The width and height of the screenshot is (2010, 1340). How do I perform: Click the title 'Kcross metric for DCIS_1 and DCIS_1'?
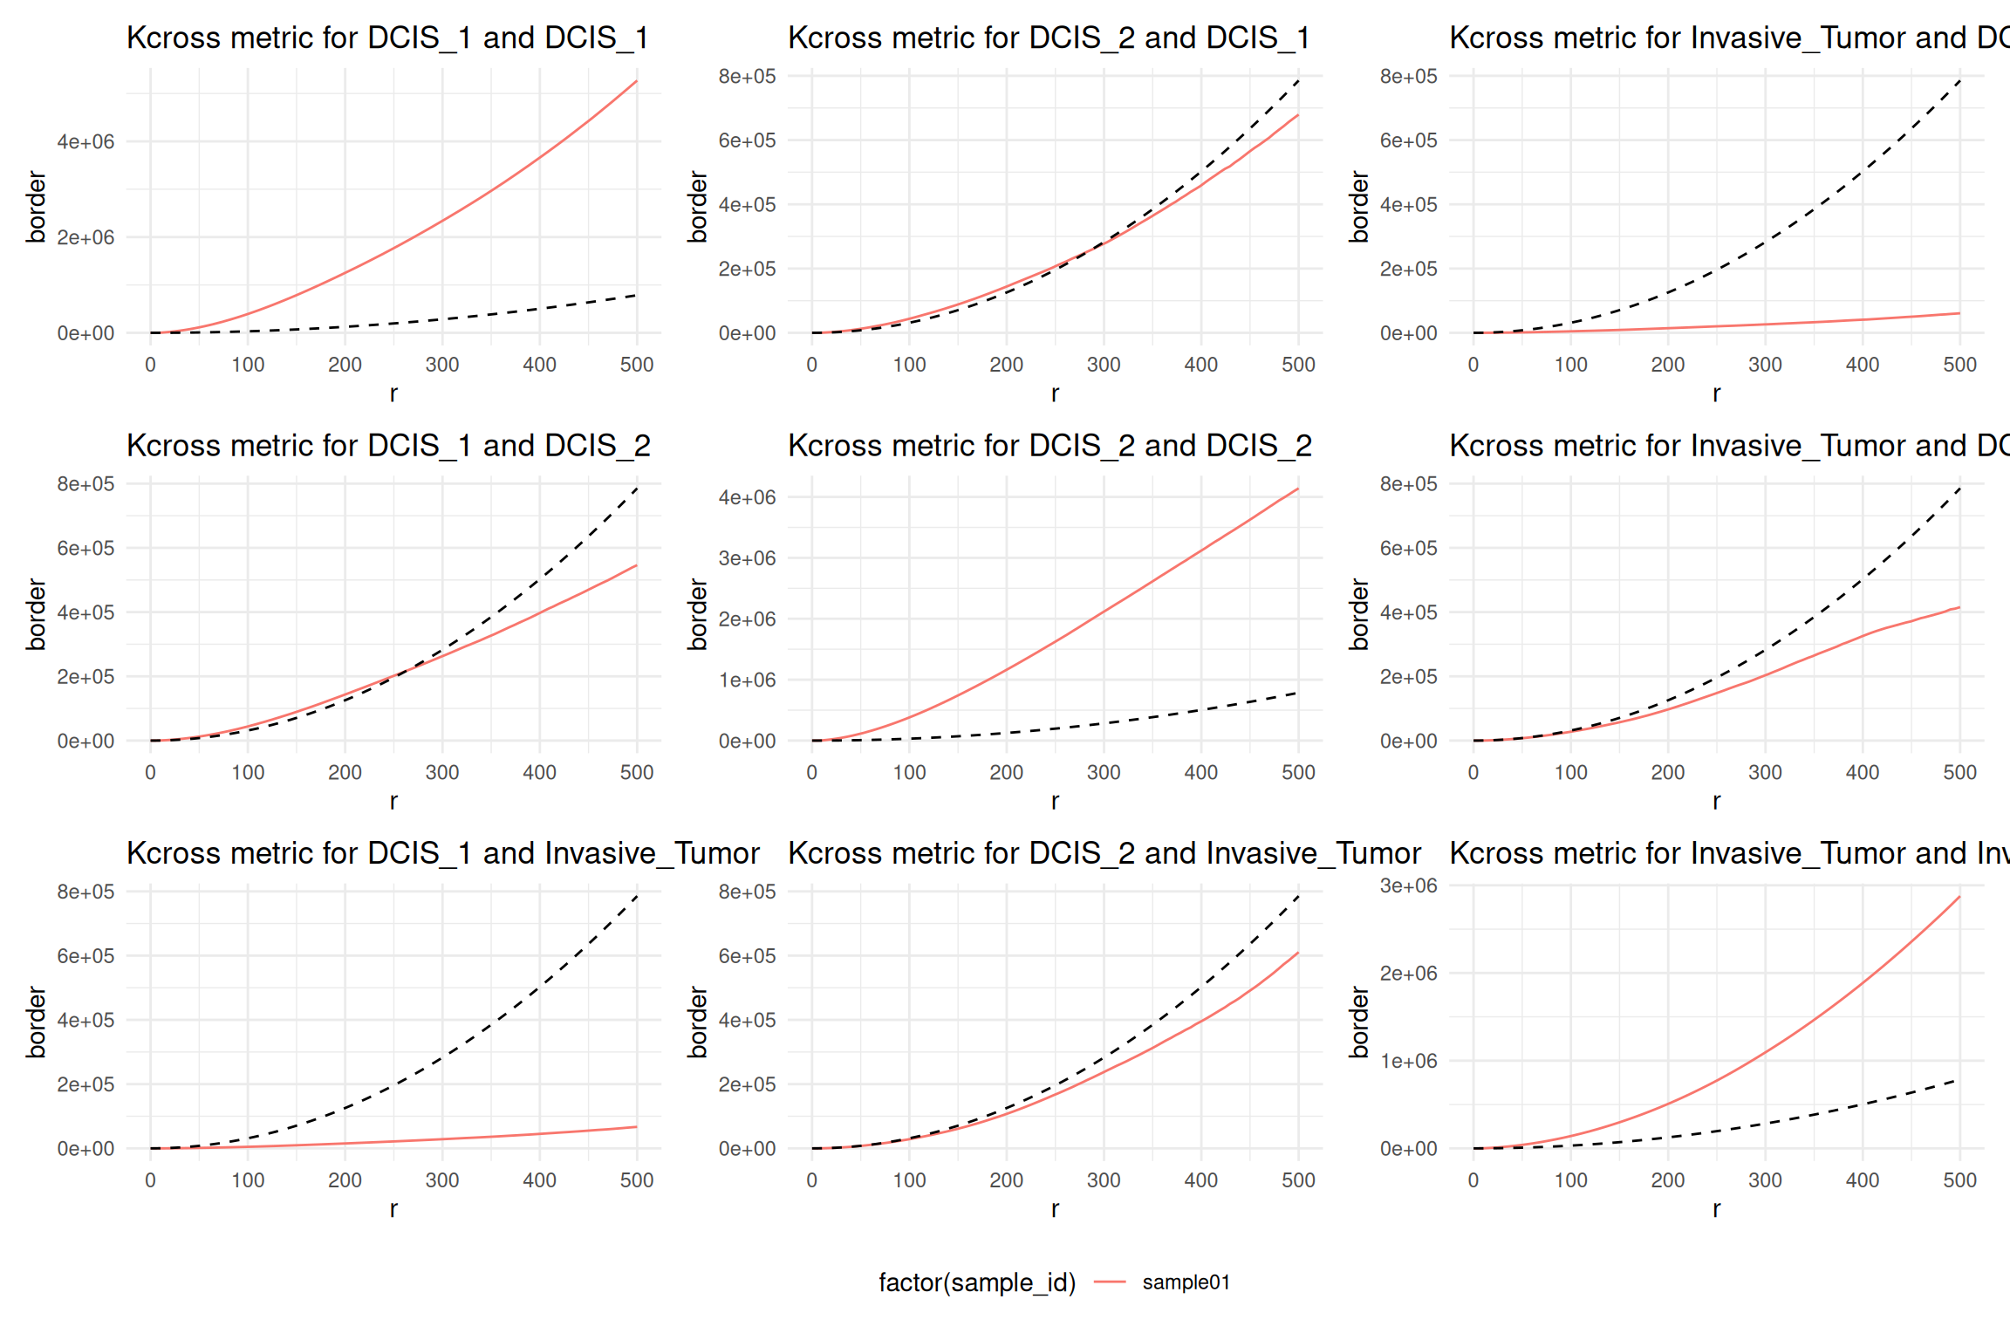pyautogui.click(x=387, y=38)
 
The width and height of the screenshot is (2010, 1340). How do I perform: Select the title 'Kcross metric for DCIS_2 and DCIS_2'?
pyautogui.click(x=1049, y=446)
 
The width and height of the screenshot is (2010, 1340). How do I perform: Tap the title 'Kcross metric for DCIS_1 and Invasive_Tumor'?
pyautogui.click(x=442, y=853)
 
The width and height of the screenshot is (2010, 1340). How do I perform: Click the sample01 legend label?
pyautogui.click(x=1186, y=1282)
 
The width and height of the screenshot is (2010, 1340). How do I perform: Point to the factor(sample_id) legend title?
pyautogui.click(x=977, y=1282)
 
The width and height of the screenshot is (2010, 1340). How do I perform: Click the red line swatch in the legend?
pyautogui.click(x=1110, y=1282)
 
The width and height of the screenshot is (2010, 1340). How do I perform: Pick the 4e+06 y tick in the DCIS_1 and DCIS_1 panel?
pyautogui.click(x=85, y=142)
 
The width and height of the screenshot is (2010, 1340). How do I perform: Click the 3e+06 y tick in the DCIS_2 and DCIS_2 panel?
pyautogui.click(x=747, y=558)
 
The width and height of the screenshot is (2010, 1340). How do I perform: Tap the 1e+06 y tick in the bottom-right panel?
pyautogui.click(x=1408, y=1062)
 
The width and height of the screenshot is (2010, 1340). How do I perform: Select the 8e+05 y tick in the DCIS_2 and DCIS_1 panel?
pyautogui.click(x=747, y=77)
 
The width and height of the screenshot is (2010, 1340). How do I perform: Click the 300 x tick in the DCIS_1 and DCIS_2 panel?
pyautogui.click(x=442, y=773)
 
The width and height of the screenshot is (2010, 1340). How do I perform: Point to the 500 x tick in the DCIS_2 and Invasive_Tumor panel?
pyautogui.click(x=1298, y=1180)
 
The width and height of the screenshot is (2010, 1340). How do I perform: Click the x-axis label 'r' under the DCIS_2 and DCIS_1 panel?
pyautogui.click(x=1055, y=393)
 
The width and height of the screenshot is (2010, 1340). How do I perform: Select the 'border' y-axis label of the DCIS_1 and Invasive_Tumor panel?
pyautogui.click(x=36, y=1022)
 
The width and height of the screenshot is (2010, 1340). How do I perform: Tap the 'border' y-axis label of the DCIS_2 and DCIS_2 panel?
pyautogui.click(x=697, y=614)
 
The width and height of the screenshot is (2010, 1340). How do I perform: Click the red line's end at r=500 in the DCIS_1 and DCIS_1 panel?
pyautogui.click(x=637, y=81)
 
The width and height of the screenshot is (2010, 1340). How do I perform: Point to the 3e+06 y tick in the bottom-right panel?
pyautogui.click(x=1408, y=886)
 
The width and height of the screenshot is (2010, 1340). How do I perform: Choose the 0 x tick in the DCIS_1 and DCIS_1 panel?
pyautogui.click(x=150, y=365)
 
